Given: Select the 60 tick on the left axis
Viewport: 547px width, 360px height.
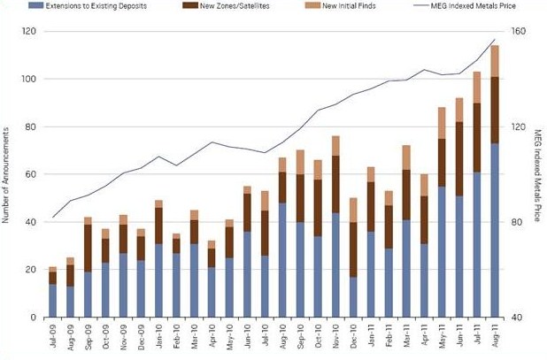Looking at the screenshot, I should pyautogui.click(x=30, y=174).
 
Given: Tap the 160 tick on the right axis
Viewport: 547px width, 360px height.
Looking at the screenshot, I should pyautogui.click(x=518, y=31).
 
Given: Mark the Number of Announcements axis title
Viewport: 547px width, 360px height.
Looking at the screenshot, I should pyautogui.click(x=7, y=173).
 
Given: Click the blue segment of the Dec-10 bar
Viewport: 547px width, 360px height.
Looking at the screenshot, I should pyautogui.click(x=353, y=296).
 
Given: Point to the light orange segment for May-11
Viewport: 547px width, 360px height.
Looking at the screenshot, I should pyautogui.click(x=442, y=123).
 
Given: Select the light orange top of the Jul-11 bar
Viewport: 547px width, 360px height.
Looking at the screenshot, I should pyautogui.click(x=477, y=88).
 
